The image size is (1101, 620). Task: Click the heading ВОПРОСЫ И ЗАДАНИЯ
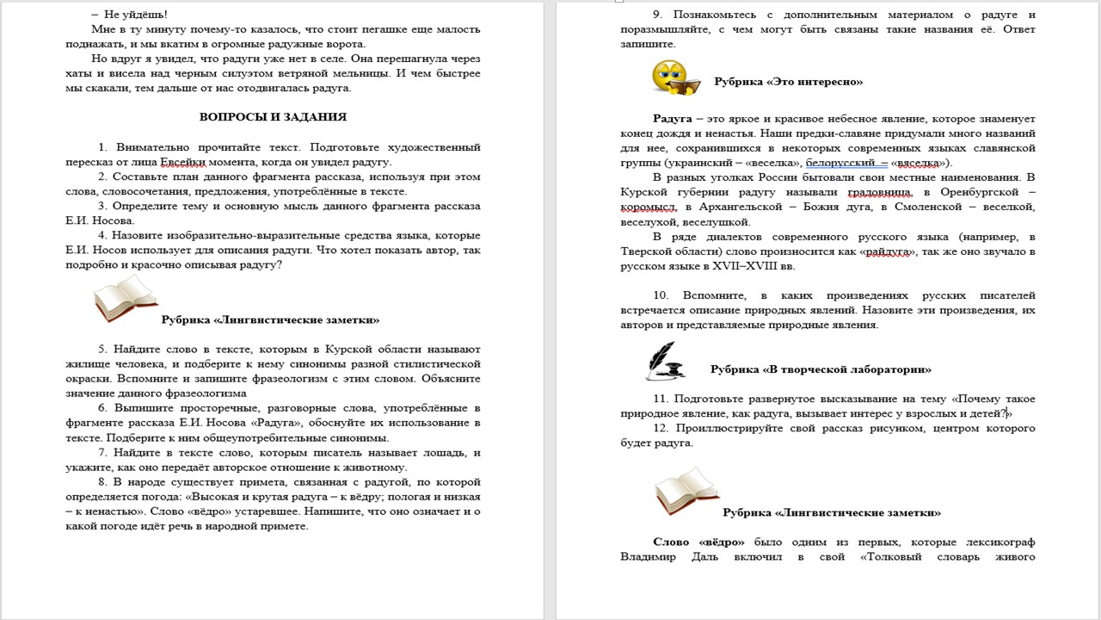(273, 117)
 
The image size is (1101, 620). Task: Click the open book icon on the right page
(686, 492)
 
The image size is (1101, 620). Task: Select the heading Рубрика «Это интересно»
(788, 82)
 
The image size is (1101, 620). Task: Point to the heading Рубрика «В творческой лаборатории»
(821, 369)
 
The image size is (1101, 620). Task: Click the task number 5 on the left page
(102, 349)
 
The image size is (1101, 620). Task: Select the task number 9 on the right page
(657, 15)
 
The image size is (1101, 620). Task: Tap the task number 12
(661, 428)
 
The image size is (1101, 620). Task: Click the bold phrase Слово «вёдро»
(699, 542)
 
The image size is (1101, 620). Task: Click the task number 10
(661, 295)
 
